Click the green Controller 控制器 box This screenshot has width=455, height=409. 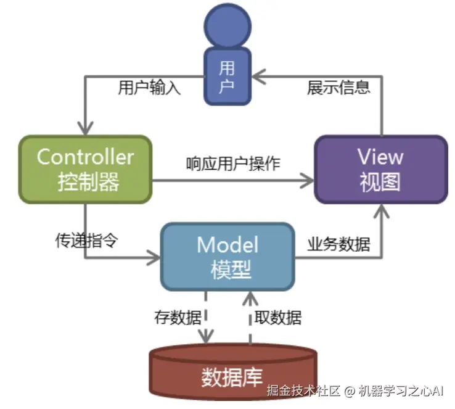coord(85,169)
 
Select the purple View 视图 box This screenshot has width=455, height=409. coord(380,169)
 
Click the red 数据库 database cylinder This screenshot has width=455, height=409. coord(233,373)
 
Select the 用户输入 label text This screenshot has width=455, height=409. coord(149,88)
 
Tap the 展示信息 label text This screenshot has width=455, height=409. coord(338,88)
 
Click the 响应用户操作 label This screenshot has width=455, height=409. coord(233,163)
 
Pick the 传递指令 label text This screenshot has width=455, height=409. coord(86,241)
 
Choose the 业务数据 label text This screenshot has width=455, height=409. coord(338,244)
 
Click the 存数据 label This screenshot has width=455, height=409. coord(178,318)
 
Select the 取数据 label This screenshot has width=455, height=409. coord(278,318)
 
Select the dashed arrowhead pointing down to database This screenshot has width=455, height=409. coord(205,336)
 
